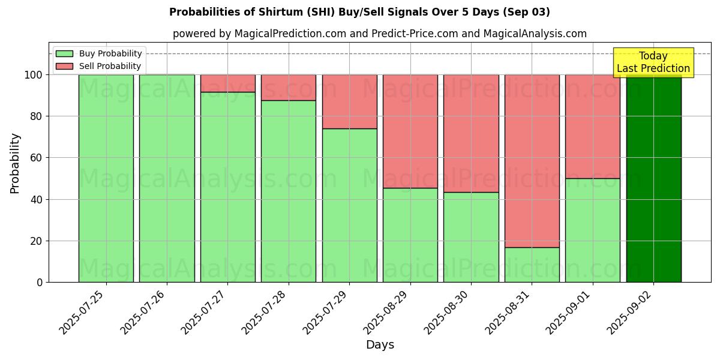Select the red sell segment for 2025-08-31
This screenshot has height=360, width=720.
click(x=532, y=161)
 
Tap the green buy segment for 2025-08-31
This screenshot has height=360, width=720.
click(x=532, y=265)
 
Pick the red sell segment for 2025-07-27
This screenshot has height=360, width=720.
click(x=228, y=83)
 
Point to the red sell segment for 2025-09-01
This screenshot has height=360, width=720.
click(x=592, y=127)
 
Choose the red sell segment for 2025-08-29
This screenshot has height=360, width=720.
click(x=410, y=131)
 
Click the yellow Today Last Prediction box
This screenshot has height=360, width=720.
click(x=653, y=62)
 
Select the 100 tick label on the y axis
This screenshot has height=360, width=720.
click(x=33, y=75)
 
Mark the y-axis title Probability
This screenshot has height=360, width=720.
click(x=15, y=163)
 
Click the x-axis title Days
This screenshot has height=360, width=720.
click(x=380, y=345)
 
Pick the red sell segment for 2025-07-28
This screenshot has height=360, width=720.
click(x=289, y=88)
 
